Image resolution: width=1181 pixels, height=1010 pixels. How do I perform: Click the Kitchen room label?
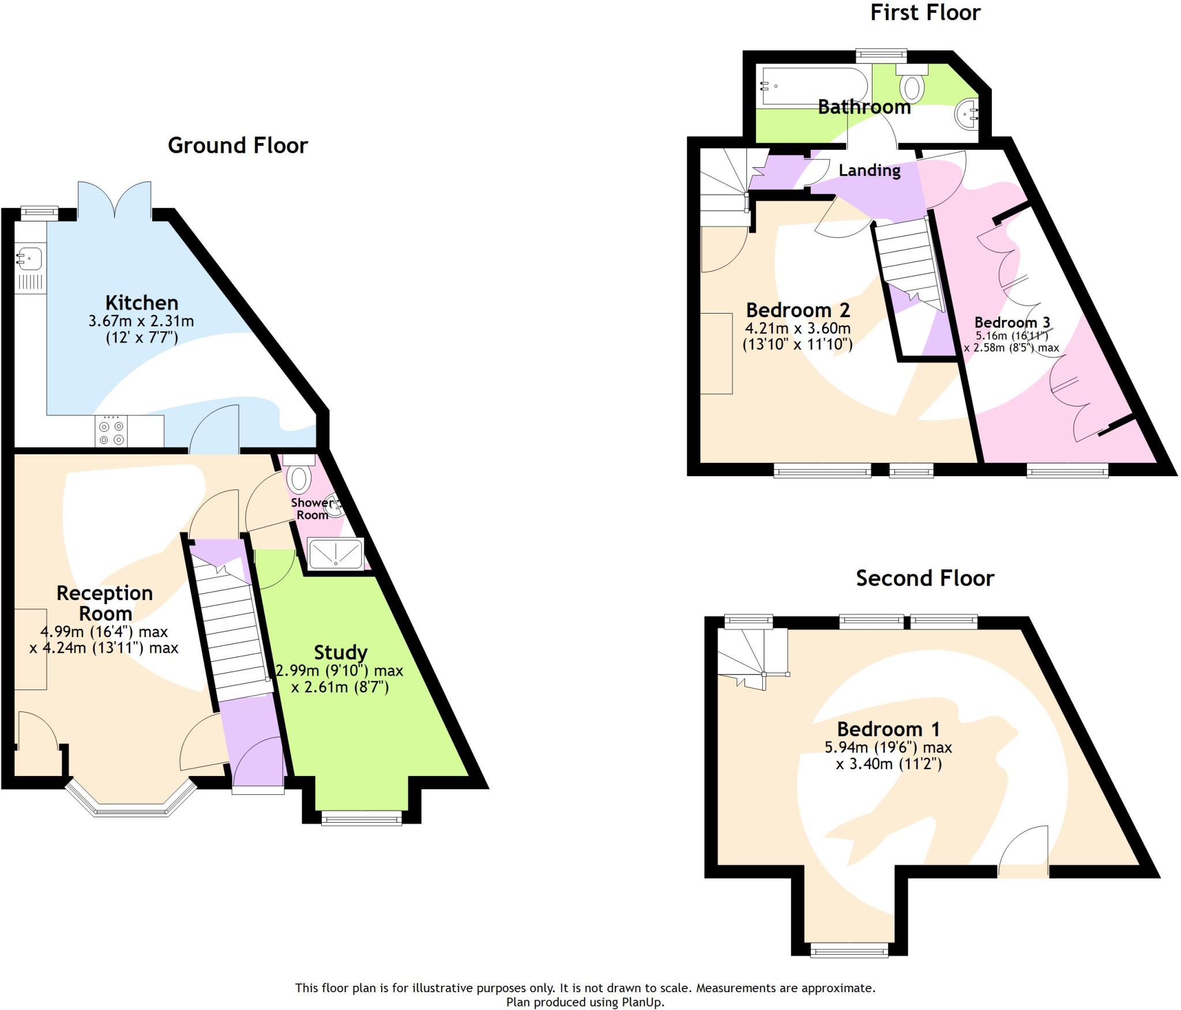(141, 303)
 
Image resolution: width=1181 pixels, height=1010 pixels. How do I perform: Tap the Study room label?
(340, 652)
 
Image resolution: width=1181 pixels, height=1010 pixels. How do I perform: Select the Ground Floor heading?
(238, 145)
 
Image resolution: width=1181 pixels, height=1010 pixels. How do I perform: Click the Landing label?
(869, 170)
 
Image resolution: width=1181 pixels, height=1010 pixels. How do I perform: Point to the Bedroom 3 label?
(1012, 322)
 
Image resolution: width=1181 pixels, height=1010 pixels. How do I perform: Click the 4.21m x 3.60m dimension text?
(798, 328)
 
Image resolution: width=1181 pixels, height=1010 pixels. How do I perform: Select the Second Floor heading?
(924, 578)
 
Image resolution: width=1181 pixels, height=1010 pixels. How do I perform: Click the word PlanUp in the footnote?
(644, 1002)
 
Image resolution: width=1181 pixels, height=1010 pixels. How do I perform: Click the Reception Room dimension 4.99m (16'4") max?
(104, 631)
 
